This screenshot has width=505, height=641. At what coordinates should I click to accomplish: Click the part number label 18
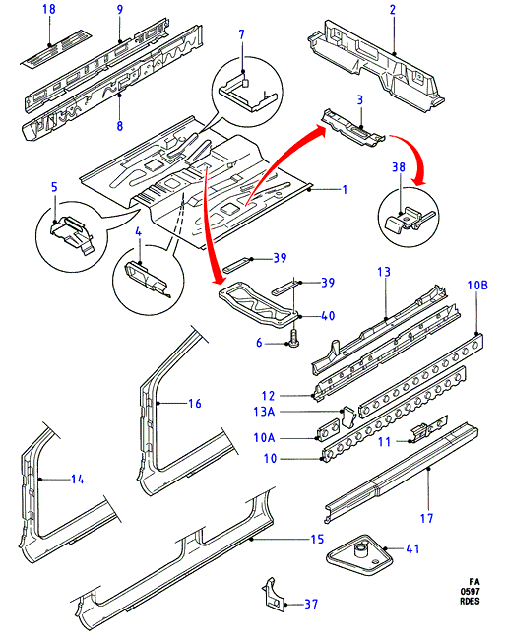click(49, 9)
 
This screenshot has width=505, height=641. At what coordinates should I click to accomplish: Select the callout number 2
click(393, 10)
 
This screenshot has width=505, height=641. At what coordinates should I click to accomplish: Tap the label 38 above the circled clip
click(399, 167)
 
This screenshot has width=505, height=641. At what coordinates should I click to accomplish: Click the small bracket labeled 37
click(273, 595)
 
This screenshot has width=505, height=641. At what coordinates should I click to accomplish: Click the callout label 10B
click(477, 285)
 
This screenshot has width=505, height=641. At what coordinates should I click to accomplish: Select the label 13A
click(264, 412)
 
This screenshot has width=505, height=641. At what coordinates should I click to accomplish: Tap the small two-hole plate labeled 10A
click(329, 431)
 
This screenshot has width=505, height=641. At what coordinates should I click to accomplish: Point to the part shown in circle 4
click(146, 278)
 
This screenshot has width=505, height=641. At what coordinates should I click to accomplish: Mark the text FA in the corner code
click(473, 582)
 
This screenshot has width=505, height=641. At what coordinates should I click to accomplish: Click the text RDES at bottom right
click(470, 601)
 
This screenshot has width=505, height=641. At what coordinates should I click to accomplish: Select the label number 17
click(426, 519)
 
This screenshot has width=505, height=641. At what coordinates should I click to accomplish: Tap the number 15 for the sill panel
click(317, 539)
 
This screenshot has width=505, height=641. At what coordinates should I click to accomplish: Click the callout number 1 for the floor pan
click(345, 190)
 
